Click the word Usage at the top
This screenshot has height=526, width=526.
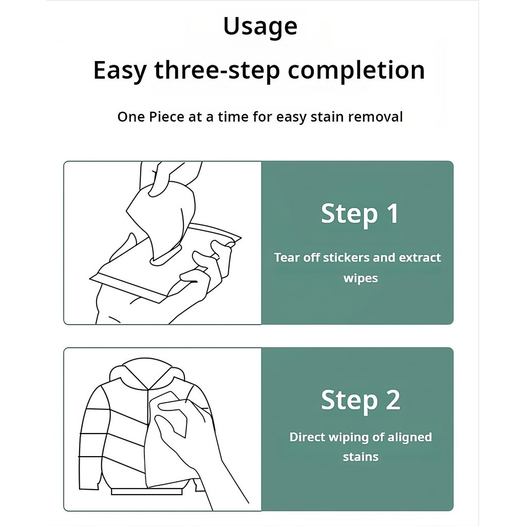[x=260, y=27]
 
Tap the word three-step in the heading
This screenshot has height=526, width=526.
[x=217, y=70]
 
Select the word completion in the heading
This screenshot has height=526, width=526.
[x=356, y=70]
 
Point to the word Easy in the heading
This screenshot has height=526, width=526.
[x=120, y=71]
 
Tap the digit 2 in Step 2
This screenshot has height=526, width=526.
[x=393, y=400]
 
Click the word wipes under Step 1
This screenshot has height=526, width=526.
[x=361, y=278]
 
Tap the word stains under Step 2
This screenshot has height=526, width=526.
[x=361, y=457]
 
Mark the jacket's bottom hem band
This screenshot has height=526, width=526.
[x=147, y=492]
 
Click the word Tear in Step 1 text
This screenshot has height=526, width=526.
[x=287, y=258]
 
